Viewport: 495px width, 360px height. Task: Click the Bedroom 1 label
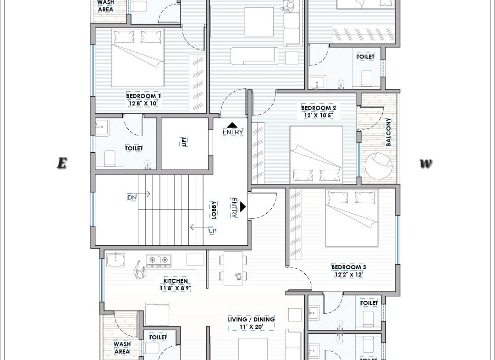pos(143,96)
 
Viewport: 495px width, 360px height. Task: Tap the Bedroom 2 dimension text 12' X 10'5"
pos(318,115)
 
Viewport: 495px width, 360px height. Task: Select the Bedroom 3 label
pos(348,267)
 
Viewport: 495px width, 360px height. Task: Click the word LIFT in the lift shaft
pos(184,142)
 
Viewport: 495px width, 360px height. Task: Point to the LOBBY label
pos(214,210)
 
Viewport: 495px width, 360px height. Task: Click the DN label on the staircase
pos(132,198)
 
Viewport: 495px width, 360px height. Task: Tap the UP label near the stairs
pos(213,231)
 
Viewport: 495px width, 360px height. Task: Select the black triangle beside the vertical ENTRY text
pos(242,206)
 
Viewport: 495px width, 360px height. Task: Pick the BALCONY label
pos(388,132)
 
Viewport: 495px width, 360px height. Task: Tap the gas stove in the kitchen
pos(158,260)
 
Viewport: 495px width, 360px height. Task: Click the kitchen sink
pos(115,260)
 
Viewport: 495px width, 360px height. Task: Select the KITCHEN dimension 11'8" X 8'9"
pos(176,288)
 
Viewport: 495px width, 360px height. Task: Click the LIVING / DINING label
pos(251,319)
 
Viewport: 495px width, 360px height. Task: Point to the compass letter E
pos(62,163)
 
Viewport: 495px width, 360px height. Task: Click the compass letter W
pos(425,163)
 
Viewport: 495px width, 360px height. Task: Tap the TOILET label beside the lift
pos(134,148)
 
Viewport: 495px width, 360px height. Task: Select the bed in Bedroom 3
pos(352,218)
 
